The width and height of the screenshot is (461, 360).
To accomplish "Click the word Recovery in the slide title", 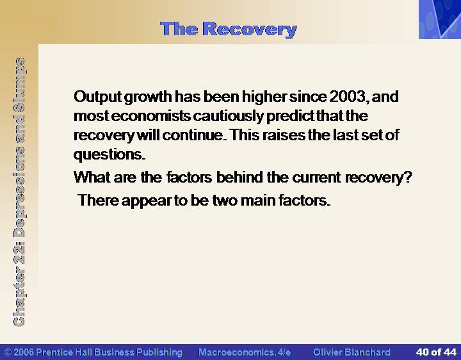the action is pos(250,30).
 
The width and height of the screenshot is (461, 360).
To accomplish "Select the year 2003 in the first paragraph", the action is pos(348,97).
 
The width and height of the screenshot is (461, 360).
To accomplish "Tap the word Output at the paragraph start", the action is pos(97,97).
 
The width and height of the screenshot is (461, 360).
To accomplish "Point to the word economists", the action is pos(151,116).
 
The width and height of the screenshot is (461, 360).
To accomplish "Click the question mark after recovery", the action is pos(408,177).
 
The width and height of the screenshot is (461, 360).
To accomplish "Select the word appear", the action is pos(146,201).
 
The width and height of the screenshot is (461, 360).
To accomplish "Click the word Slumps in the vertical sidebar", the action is pos(19,79).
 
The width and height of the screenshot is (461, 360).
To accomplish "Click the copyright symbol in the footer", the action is pos(8,352).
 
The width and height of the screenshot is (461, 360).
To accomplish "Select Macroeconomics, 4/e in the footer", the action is pos(245,352).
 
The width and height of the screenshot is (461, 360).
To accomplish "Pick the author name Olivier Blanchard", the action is pos(352,352).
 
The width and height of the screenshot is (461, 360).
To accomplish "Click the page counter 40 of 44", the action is pos(436,352).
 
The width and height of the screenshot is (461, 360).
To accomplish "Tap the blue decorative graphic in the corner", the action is pos(440,19).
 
